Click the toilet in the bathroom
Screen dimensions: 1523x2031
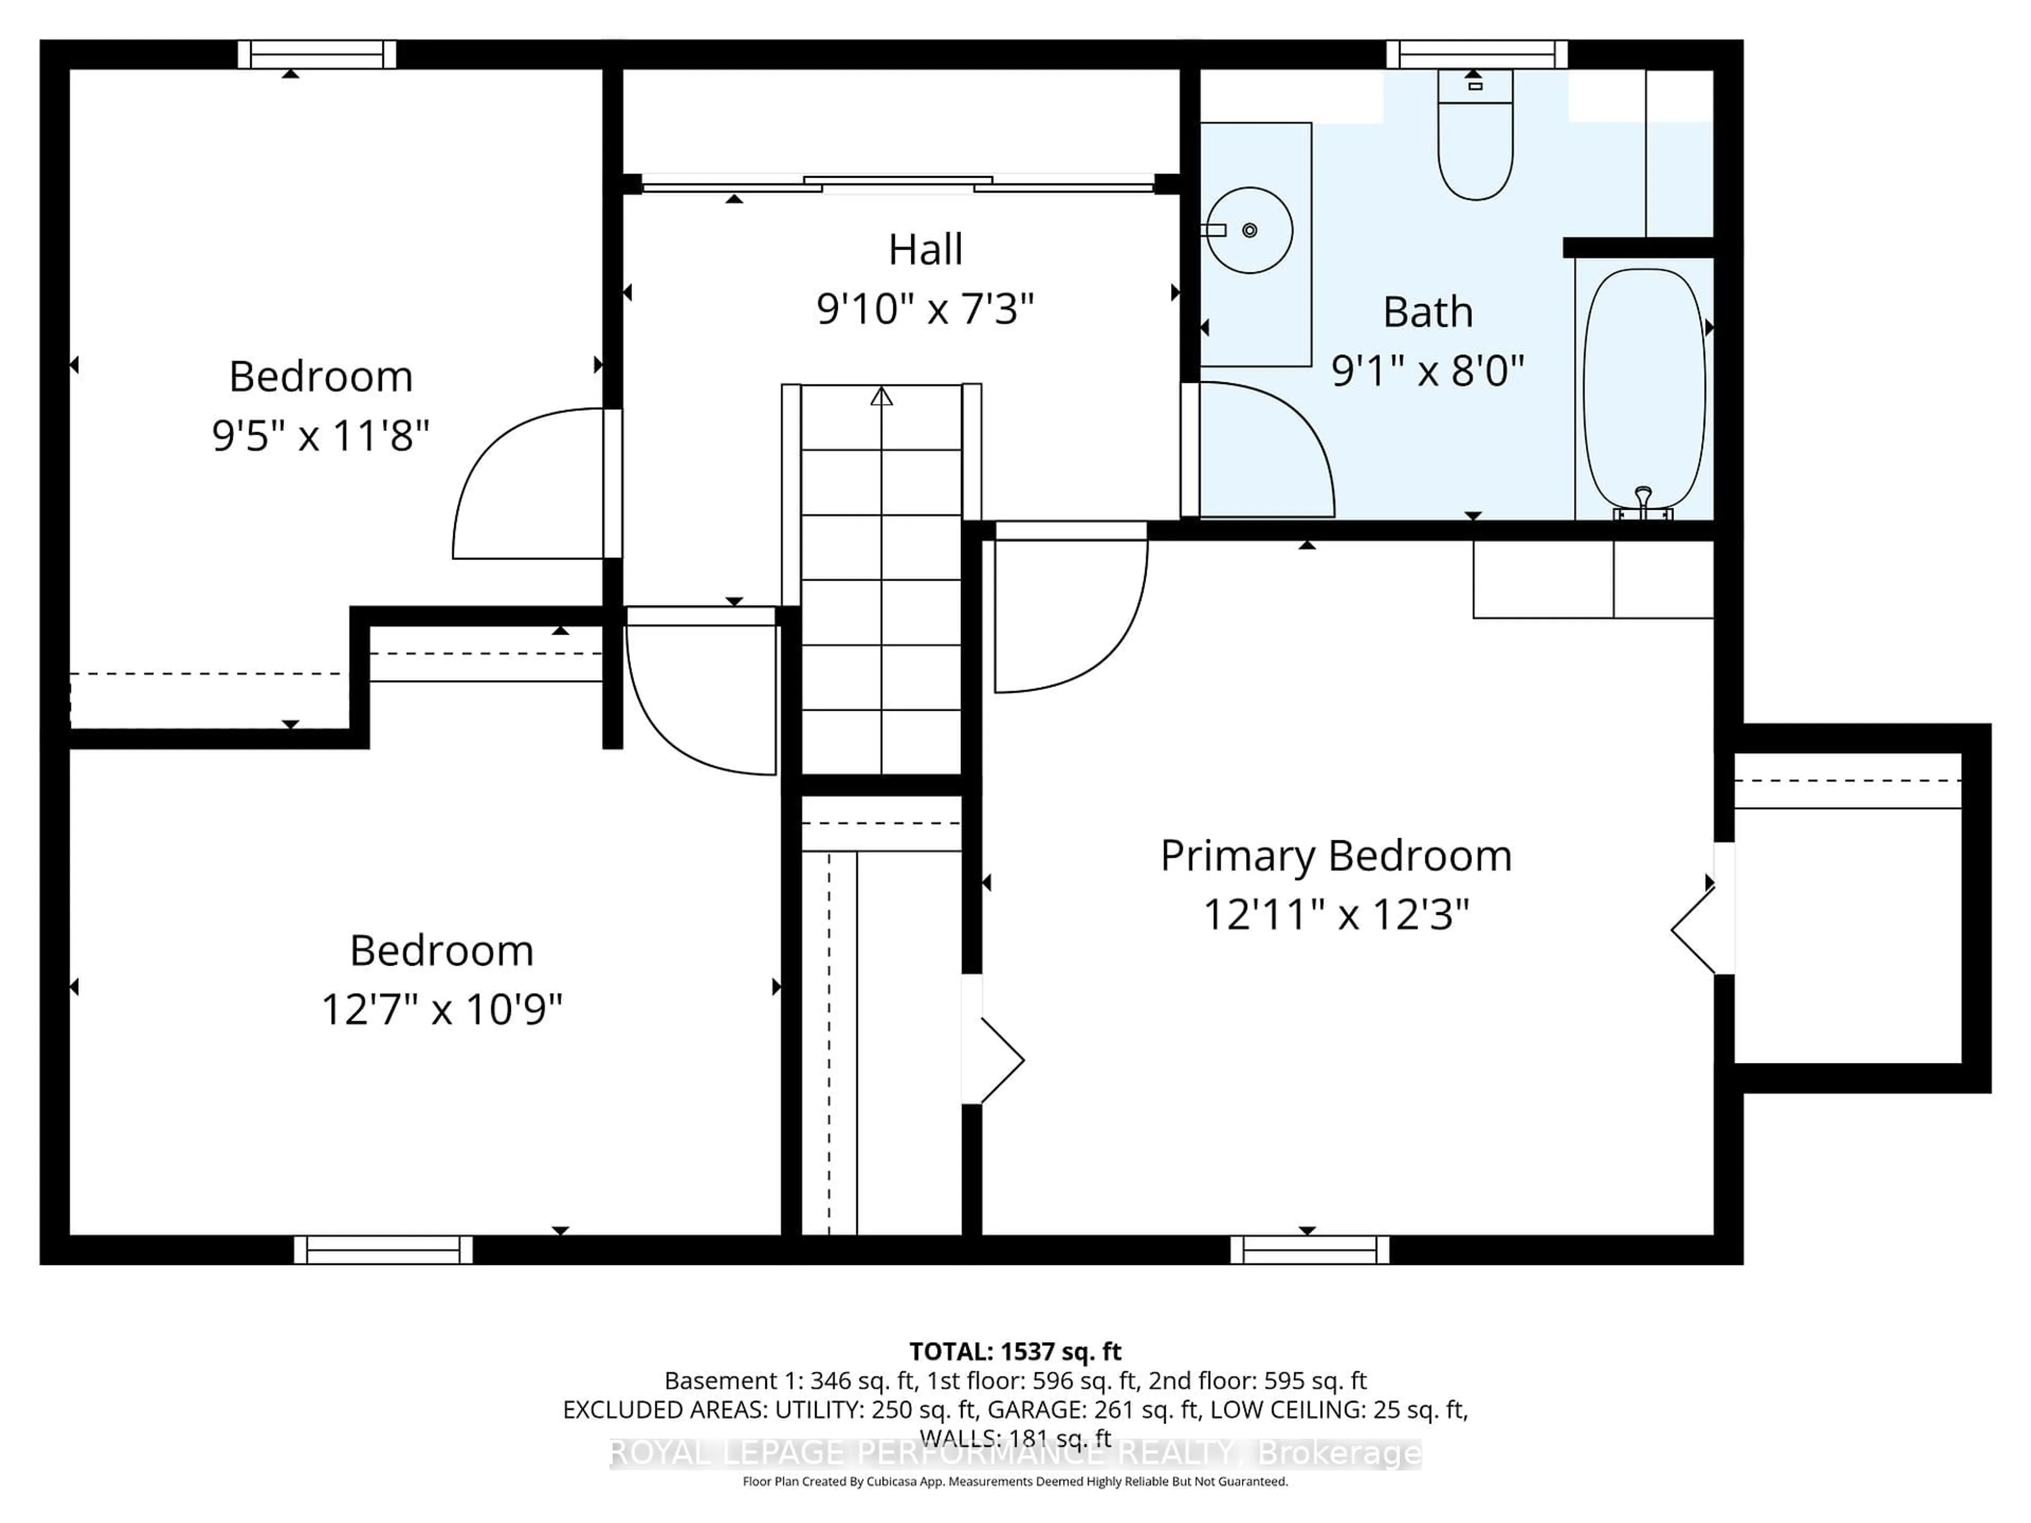tap(1475, 147)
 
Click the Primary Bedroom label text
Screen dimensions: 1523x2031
tap(1336, 856)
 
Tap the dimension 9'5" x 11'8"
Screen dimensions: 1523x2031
tap(321, 435)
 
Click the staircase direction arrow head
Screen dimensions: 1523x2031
tap(882, 397)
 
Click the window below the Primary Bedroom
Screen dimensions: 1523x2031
tap(1310, 1250)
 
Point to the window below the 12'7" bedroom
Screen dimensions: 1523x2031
tap(383, 1250)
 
